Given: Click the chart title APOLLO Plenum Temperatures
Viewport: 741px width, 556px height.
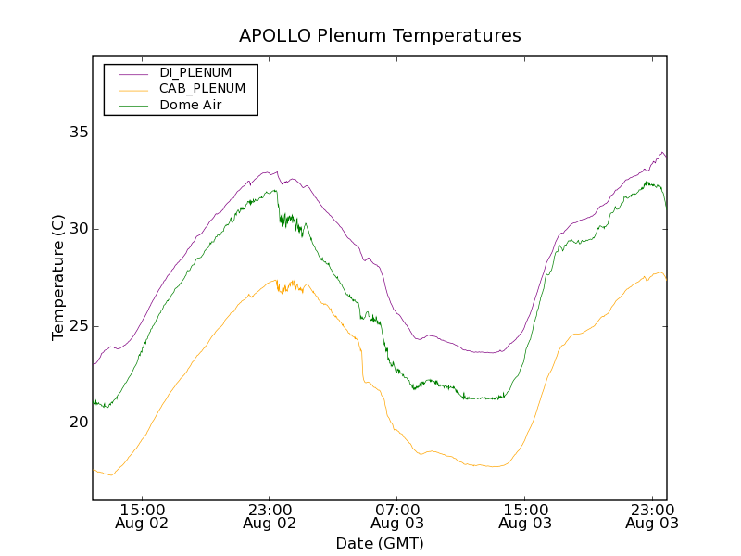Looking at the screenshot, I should (x=380, y=36).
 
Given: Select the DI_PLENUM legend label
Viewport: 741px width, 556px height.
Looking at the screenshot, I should (x=195, y=72).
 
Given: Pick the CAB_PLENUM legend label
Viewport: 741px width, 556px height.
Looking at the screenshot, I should (x=202, y=89).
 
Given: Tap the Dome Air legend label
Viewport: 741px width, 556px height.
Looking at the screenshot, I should (x=190, y=106).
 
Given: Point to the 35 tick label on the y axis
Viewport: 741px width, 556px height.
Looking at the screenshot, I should (x=78, y=133).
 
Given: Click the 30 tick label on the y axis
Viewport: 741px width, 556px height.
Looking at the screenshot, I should (x=78, y=229).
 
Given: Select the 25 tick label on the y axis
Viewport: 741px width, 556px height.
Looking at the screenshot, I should (x=78, y=326).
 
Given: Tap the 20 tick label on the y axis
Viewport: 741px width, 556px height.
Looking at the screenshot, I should (x=78, y=423).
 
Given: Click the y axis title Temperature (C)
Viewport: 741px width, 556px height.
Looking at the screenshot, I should (x=58, y=277).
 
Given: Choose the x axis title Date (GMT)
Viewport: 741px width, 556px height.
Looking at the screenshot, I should (x=380, y=543).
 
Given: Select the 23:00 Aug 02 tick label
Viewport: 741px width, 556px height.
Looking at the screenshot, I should (x=270, y=516).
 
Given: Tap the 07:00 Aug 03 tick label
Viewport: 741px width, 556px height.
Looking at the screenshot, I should (x=397, y=516).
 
